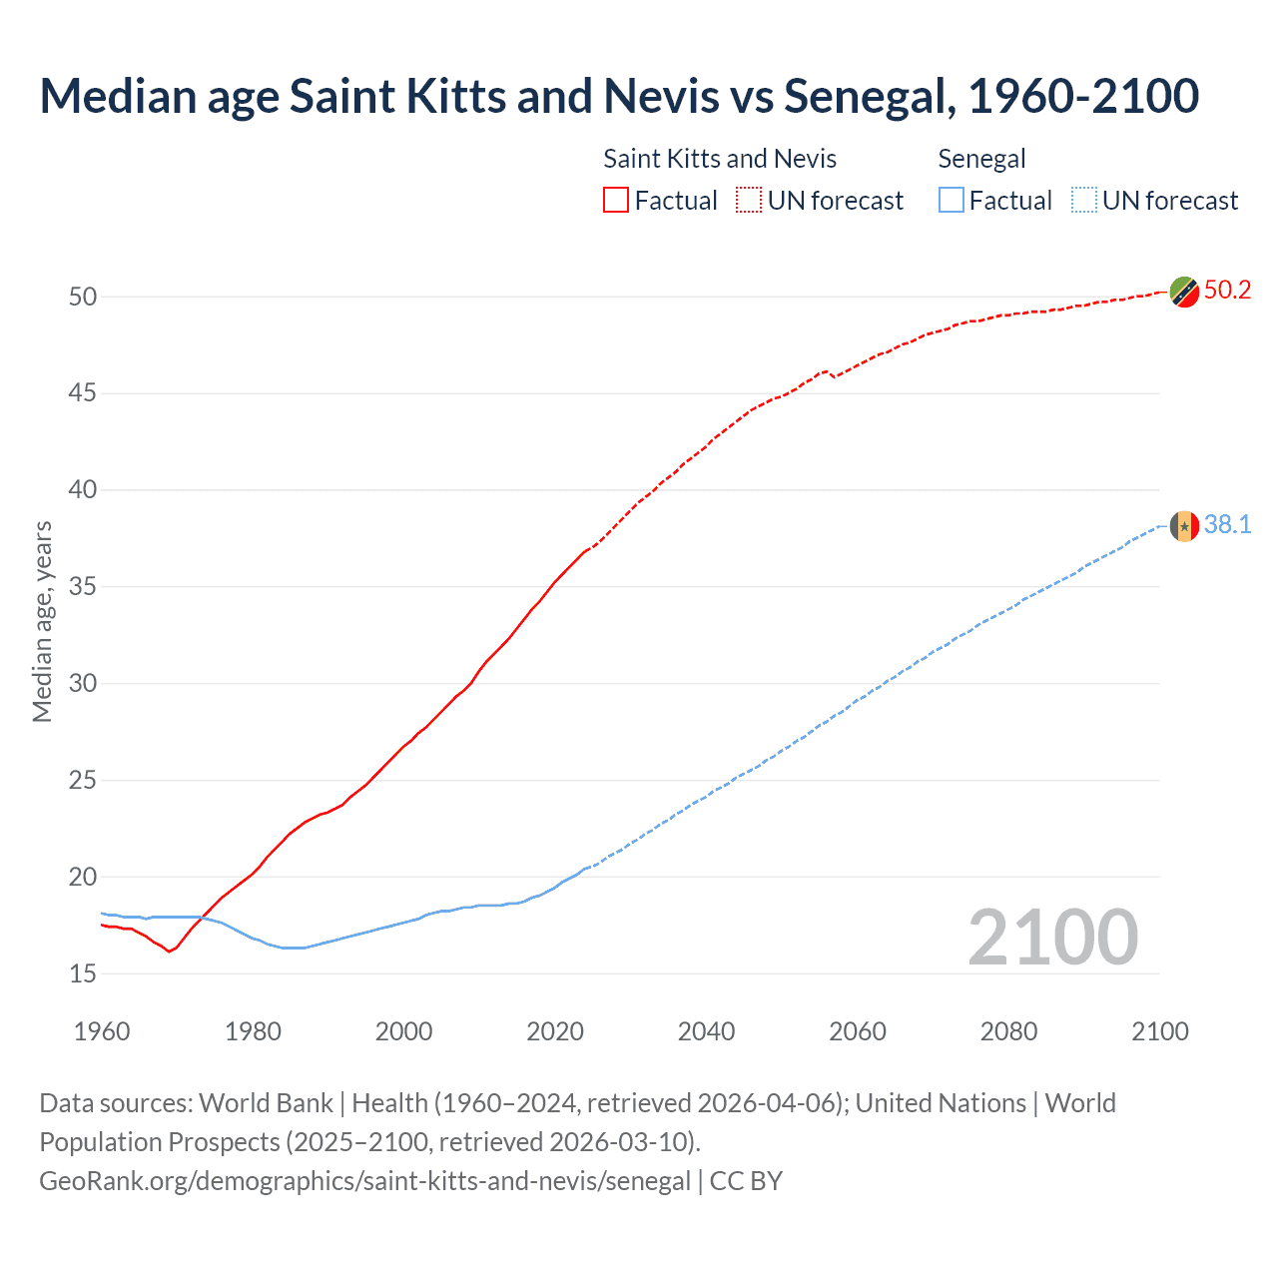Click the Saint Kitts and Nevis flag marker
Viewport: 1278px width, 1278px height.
[1184, 292]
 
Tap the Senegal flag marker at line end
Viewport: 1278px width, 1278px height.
[1184, 525]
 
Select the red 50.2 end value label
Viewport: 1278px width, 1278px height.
[1227, 291]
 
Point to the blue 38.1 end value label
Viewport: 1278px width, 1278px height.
[1227, 525]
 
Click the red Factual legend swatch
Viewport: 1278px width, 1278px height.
[616, 201]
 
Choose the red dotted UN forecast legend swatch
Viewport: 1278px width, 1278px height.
[749, 201]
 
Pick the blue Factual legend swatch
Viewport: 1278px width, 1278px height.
[952, 201]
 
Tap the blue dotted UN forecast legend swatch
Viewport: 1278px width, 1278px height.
[1083, 201]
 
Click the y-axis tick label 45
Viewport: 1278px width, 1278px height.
[83, 393]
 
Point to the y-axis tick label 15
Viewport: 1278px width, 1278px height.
[83, 973]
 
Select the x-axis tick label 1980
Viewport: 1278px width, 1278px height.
[253, 1031]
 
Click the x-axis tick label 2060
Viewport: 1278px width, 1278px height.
[857, 1031]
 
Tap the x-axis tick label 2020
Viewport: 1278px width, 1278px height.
[555, 1031]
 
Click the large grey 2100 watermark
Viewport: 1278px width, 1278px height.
[1052, 937]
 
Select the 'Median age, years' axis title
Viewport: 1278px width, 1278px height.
[42, 621]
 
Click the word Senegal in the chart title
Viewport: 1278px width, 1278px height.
[865, 96]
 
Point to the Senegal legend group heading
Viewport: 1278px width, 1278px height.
[981, 159]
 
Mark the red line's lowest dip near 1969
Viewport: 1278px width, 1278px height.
[169, 951]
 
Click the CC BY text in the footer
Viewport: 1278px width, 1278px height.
[746, 1181]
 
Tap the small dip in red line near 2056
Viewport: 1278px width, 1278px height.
[834, 376]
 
